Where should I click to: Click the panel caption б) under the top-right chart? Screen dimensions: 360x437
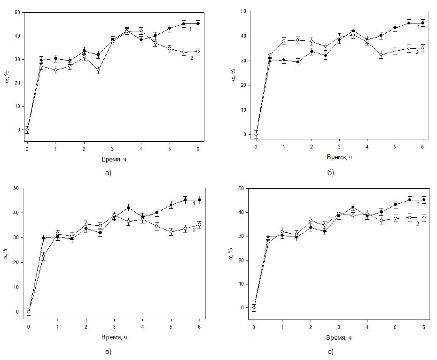330,173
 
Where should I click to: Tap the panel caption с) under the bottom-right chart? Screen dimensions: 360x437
330,352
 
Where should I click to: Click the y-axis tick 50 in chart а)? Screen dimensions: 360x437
17,12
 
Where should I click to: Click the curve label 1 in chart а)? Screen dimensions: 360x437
190,29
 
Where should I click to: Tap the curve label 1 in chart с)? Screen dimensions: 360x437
418,204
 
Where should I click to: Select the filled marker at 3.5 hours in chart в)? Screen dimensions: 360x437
128,208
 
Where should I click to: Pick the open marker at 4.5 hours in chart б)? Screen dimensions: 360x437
381,55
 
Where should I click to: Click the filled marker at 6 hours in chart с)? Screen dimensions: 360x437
424,200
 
